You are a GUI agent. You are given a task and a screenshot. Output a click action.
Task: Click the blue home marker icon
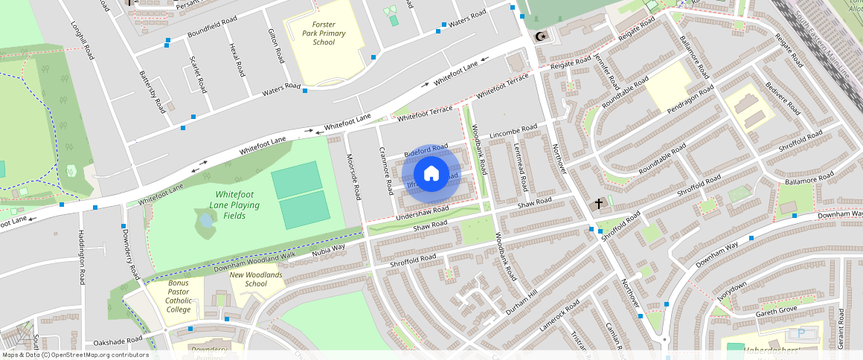(431, 174)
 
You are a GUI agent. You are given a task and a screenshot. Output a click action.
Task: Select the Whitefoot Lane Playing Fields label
(234, 205)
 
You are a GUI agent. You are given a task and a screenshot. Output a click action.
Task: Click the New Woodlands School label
(256, 279)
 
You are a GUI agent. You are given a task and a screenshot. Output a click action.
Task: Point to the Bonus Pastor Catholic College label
(179, 296)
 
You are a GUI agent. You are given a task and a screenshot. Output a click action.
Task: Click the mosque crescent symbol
(540, 36)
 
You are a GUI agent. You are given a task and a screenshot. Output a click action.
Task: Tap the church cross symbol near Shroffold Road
(598, 203)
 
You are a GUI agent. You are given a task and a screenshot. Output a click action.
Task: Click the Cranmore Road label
(386, 170)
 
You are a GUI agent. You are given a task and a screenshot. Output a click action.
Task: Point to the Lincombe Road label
(513, 132)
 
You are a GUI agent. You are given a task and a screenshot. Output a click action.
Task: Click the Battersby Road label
(153, 91)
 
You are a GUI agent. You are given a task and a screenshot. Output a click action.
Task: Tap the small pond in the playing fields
(205, 220)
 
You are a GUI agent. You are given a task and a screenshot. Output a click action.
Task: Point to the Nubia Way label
(328, 249)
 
